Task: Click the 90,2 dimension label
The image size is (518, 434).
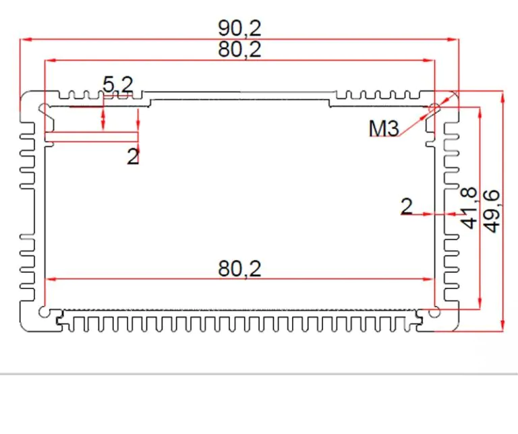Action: pyautogui.click(x=239, y=28)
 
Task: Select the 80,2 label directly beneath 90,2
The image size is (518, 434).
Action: pyautogui.click(x=239, y=50)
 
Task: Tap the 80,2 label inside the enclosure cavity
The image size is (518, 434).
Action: pyautogui.click(x=239, y=269)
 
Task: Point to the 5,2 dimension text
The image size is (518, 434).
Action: pyautogui.click(x=118, y=84)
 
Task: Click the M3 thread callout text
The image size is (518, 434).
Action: pyautogui.click(x=384, y=128)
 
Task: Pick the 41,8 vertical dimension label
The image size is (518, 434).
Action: pyautogui.click(x=469, y=208)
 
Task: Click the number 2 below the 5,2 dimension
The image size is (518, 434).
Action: pyautogui.click(x=133, y=156)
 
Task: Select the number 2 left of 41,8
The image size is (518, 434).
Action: pyautogui.click(x=407, y=207)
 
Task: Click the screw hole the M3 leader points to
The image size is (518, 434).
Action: pyautogui.click(x=434, y=108)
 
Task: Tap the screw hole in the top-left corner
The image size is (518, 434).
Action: pyautogui.click(x=44, y=108)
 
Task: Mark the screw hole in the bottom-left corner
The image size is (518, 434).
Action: pyautogui.click(x=44, y=312)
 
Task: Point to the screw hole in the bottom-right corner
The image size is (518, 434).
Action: pyautogui.click(x=434, y=312)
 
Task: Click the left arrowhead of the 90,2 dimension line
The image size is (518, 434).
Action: pyautogui.click(x=26, y=40)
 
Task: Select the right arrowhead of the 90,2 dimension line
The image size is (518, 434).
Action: pyautogui.click(x=453, y=40)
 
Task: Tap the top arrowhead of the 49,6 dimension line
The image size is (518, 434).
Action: pyautogui.click(x=502, y=97)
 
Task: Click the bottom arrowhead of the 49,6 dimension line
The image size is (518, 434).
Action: pyautogui.click(x=502, y=325)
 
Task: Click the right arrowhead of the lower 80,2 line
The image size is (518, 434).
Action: pyautogui.click(x=428, y=279)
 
